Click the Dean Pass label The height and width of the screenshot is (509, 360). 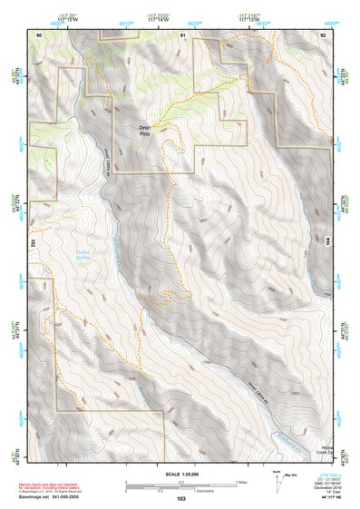[x=146, y=131]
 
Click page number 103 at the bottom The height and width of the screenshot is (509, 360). [x=181, y=498]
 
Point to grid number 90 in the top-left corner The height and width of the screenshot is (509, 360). [x=38, y=34]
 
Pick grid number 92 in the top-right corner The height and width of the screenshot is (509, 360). [x=323, y=34]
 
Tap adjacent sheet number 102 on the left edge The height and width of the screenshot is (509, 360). [x=32, y=243]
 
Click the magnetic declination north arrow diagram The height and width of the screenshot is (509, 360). [x=280, y=480]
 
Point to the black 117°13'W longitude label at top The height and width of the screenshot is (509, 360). [x=260, y=21]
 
